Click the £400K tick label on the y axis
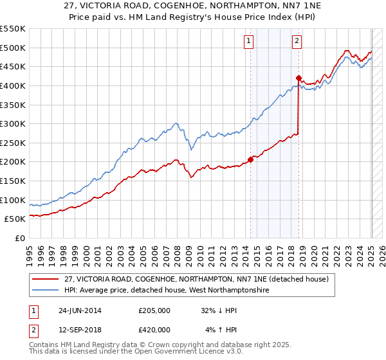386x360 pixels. click(13, 85)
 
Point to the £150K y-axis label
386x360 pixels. click(13, 181)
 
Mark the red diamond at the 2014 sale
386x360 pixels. click(250, 160)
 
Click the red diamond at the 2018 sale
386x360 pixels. click(299, 78)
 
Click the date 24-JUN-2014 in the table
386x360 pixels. click(80, 310)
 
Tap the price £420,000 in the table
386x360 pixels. click(154, 330)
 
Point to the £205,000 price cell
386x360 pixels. click(154, 310)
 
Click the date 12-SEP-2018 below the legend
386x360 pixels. click(80, 330)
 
